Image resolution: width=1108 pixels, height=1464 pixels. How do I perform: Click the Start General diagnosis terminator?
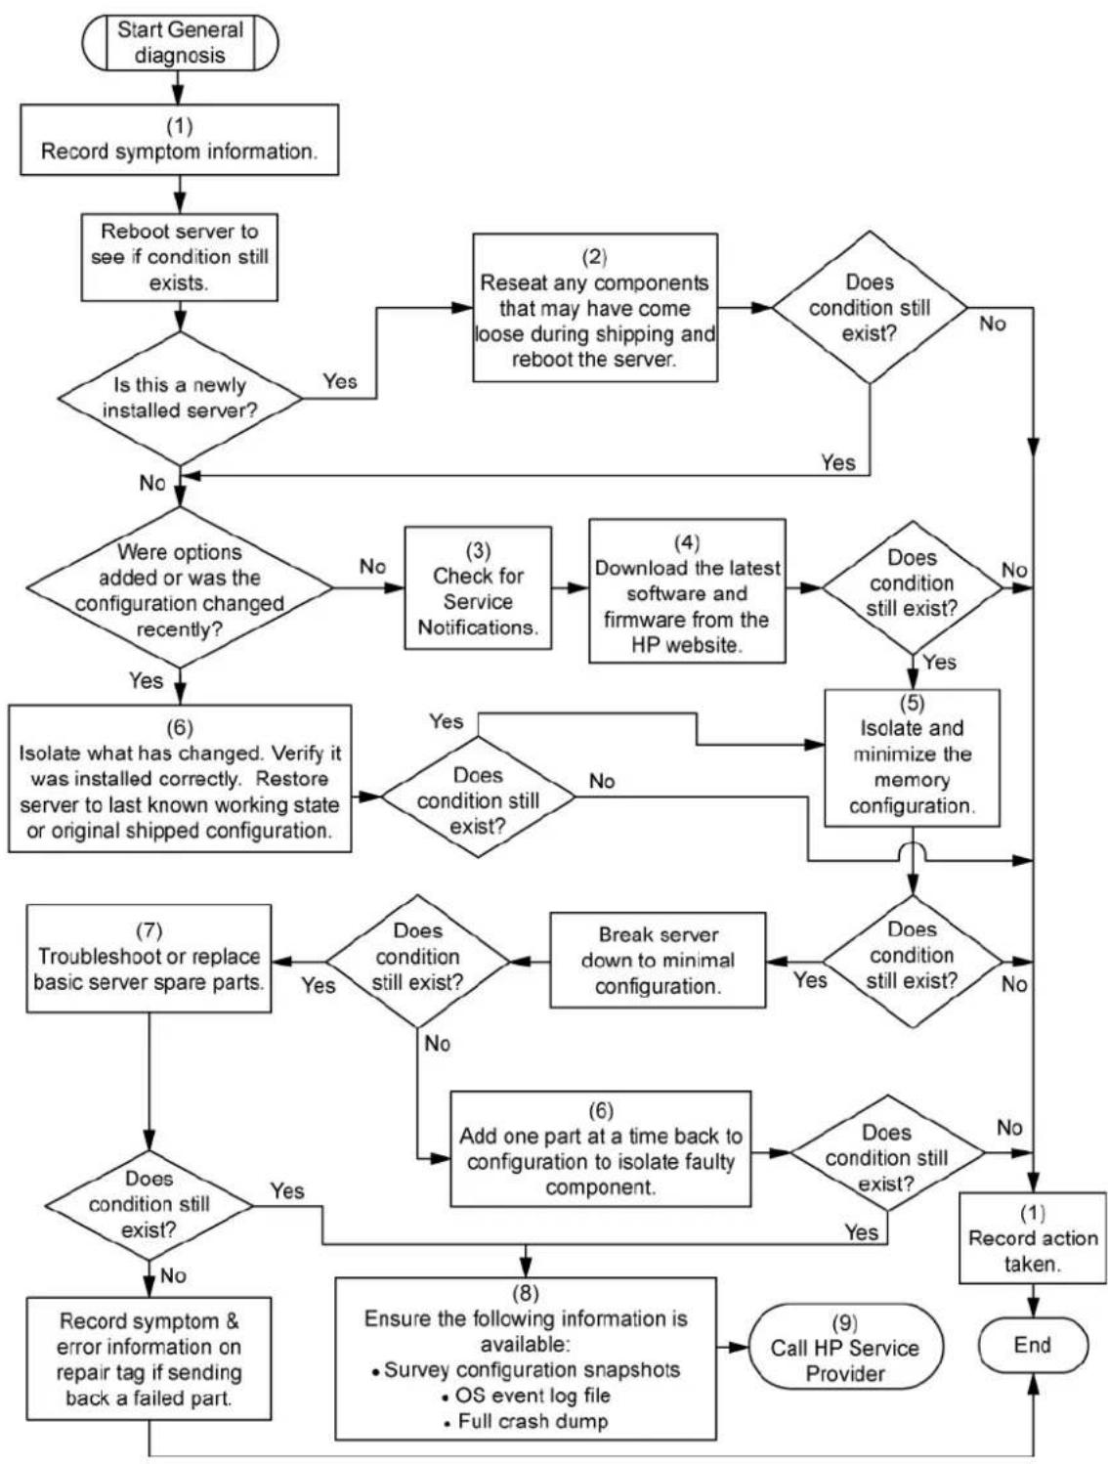tap(180, 42)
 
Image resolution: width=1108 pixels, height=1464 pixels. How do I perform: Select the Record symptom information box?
tap(180, 140)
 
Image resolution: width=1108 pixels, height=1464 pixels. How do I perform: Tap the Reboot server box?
tap(180, 257)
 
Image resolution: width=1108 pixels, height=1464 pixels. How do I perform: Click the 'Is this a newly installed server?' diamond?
tap(180, 398)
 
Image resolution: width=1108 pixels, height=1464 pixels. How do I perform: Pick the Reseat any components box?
tap(595, 308)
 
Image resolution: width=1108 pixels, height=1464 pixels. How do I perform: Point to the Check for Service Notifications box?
tap(478, 587)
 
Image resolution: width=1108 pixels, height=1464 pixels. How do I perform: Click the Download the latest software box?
tap(687, 591)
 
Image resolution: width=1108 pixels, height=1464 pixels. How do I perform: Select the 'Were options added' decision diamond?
tap(180, 588)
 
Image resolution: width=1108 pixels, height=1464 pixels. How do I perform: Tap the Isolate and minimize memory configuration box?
tap(912, 758)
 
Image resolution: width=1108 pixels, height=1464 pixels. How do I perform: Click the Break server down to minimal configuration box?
tap(658, 960)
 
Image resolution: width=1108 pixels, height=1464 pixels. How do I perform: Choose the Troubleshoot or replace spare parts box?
tap(149, 959)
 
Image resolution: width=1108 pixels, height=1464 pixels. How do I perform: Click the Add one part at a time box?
tap(601, 1149)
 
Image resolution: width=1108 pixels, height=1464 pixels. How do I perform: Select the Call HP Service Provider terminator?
tap(845, 1348)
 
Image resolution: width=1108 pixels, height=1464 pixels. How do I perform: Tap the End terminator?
tap(1033, 1346)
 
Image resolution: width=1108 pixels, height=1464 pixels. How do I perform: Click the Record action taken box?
tap(1033, 1238)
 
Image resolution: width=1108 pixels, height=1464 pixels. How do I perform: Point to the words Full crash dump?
tap(533, 1421)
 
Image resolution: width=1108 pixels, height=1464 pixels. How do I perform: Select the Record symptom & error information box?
tap(149, 1358)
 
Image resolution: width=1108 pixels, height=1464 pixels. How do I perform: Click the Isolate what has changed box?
tap(180, 778)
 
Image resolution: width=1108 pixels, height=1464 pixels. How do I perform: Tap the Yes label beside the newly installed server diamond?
tap(340, 381)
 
